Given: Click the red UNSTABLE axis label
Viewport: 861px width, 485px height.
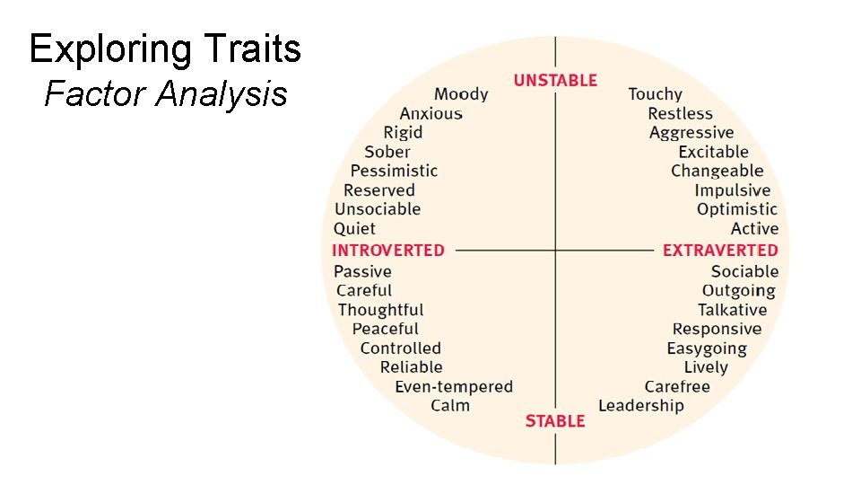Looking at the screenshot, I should pyautogui.click(x=555, y=81).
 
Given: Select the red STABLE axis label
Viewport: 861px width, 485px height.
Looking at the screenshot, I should pyautogui.click(x=555, y=421).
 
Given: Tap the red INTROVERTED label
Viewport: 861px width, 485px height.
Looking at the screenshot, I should pyautogui.click(x=388, y=251).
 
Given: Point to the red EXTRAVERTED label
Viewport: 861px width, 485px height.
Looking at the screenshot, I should pyautogui.click(x=720, y=251).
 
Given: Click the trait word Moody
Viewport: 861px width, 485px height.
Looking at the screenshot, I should pyautogui.click(x=461, y=94).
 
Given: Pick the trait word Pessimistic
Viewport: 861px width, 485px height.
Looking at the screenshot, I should pyautogui.click(x=394, y=171).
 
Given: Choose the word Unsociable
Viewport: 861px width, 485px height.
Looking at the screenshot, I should pyautogui.click(x=378, y=209).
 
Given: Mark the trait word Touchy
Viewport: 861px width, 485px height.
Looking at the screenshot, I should pyautogui.click(x=655, y=94).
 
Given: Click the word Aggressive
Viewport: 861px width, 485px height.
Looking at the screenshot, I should pyautogui.click(x=691, y=133).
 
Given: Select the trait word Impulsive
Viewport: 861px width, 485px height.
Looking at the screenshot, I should pyautogui.click(x=732, y=190).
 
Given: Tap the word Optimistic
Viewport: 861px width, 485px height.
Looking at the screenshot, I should pyautogui.click(x=737, y=209).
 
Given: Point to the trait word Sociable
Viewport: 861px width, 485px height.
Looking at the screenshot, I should pyautogui.click(x=744, y=271).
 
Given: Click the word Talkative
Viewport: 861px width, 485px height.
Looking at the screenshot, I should pyautogui.click(x=732, y=310).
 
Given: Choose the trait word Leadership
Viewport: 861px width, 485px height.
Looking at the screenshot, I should pyautogui.click(x=640, y=406).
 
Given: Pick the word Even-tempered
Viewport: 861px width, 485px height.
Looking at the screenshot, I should pyautogui.click(x=454, y=387).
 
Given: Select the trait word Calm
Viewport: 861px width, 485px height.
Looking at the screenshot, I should pyautogui.click(x=449, y=406).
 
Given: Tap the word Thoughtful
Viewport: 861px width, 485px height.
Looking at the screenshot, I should pyautogui.click(x=380, y=310).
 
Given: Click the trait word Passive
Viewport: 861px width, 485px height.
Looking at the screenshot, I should pyautogui.click(x=362, y=271).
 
